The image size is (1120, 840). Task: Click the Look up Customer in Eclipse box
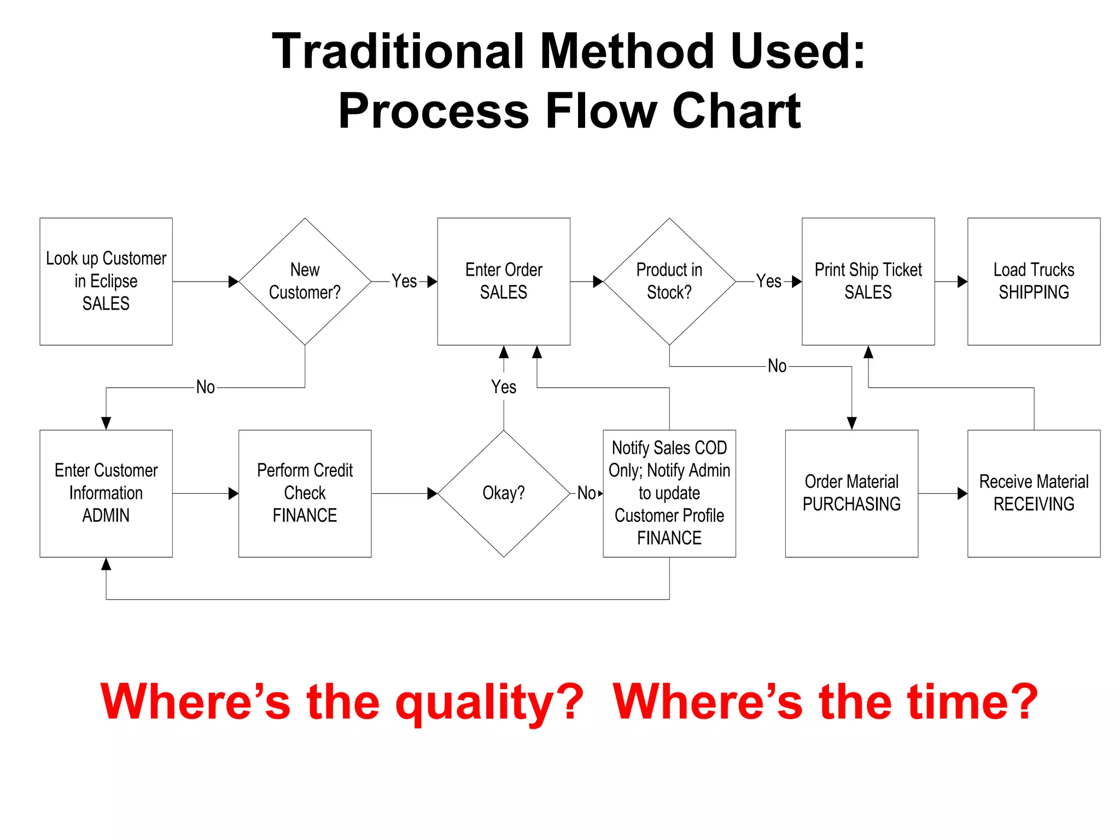pos(106,281)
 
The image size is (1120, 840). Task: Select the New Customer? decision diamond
pos(305,281)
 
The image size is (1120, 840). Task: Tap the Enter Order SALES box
pos(503,281)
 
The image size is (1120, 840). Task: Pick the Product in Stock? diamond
pos(669,281)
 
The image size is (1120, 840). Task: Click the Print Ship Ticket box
pos(868,281)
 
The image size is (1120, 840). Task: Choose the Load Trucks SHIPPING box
pos(1034,281)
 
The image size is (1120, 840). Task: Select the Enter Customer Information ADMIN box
pos(106,493)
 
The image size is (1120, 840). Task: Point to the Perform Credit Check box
pos(305,493)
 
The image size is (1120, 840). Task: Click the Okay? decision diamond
pos(503,493)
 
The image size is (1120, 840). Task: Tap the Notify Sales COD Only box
pos(669,493)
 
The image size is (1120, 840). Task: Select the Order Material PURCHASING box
pos(851,493)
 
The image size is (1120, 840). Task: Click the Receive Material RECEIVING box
pos(1034,493)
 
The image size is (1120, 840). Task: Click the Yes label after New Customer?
pos(404,281)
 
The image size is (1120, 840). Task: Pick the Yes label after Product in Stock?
pos(768,281)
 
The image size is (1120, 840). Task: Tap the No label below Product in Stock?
pos(777,366)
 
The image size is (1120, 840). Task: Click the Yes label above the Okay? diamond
pos(503,387)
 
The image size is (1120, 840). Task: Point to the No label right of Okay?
pos(586,493)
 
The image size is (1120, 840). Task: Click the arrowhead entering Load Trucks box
pos(962,282)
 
